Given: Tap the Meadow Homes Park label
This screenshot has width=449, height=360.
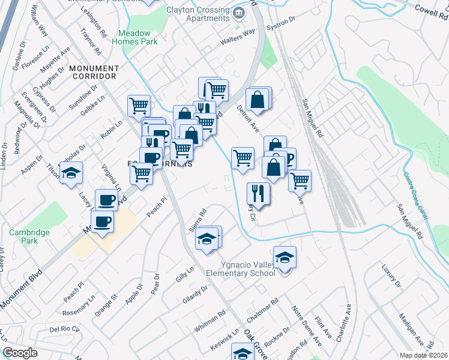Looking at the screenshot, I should (137, 37).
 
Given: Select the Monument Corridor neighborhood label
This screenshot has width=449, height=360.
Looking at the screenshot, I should (92, 73).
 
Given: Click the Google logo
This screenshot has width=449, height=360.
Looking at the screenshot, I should (20, 353).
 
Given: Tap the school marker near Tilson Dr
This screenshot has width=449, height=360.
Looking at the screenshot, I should (71, 173).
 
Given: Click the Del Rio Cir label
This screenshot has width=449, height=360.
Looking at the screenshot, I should (65, 329).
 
